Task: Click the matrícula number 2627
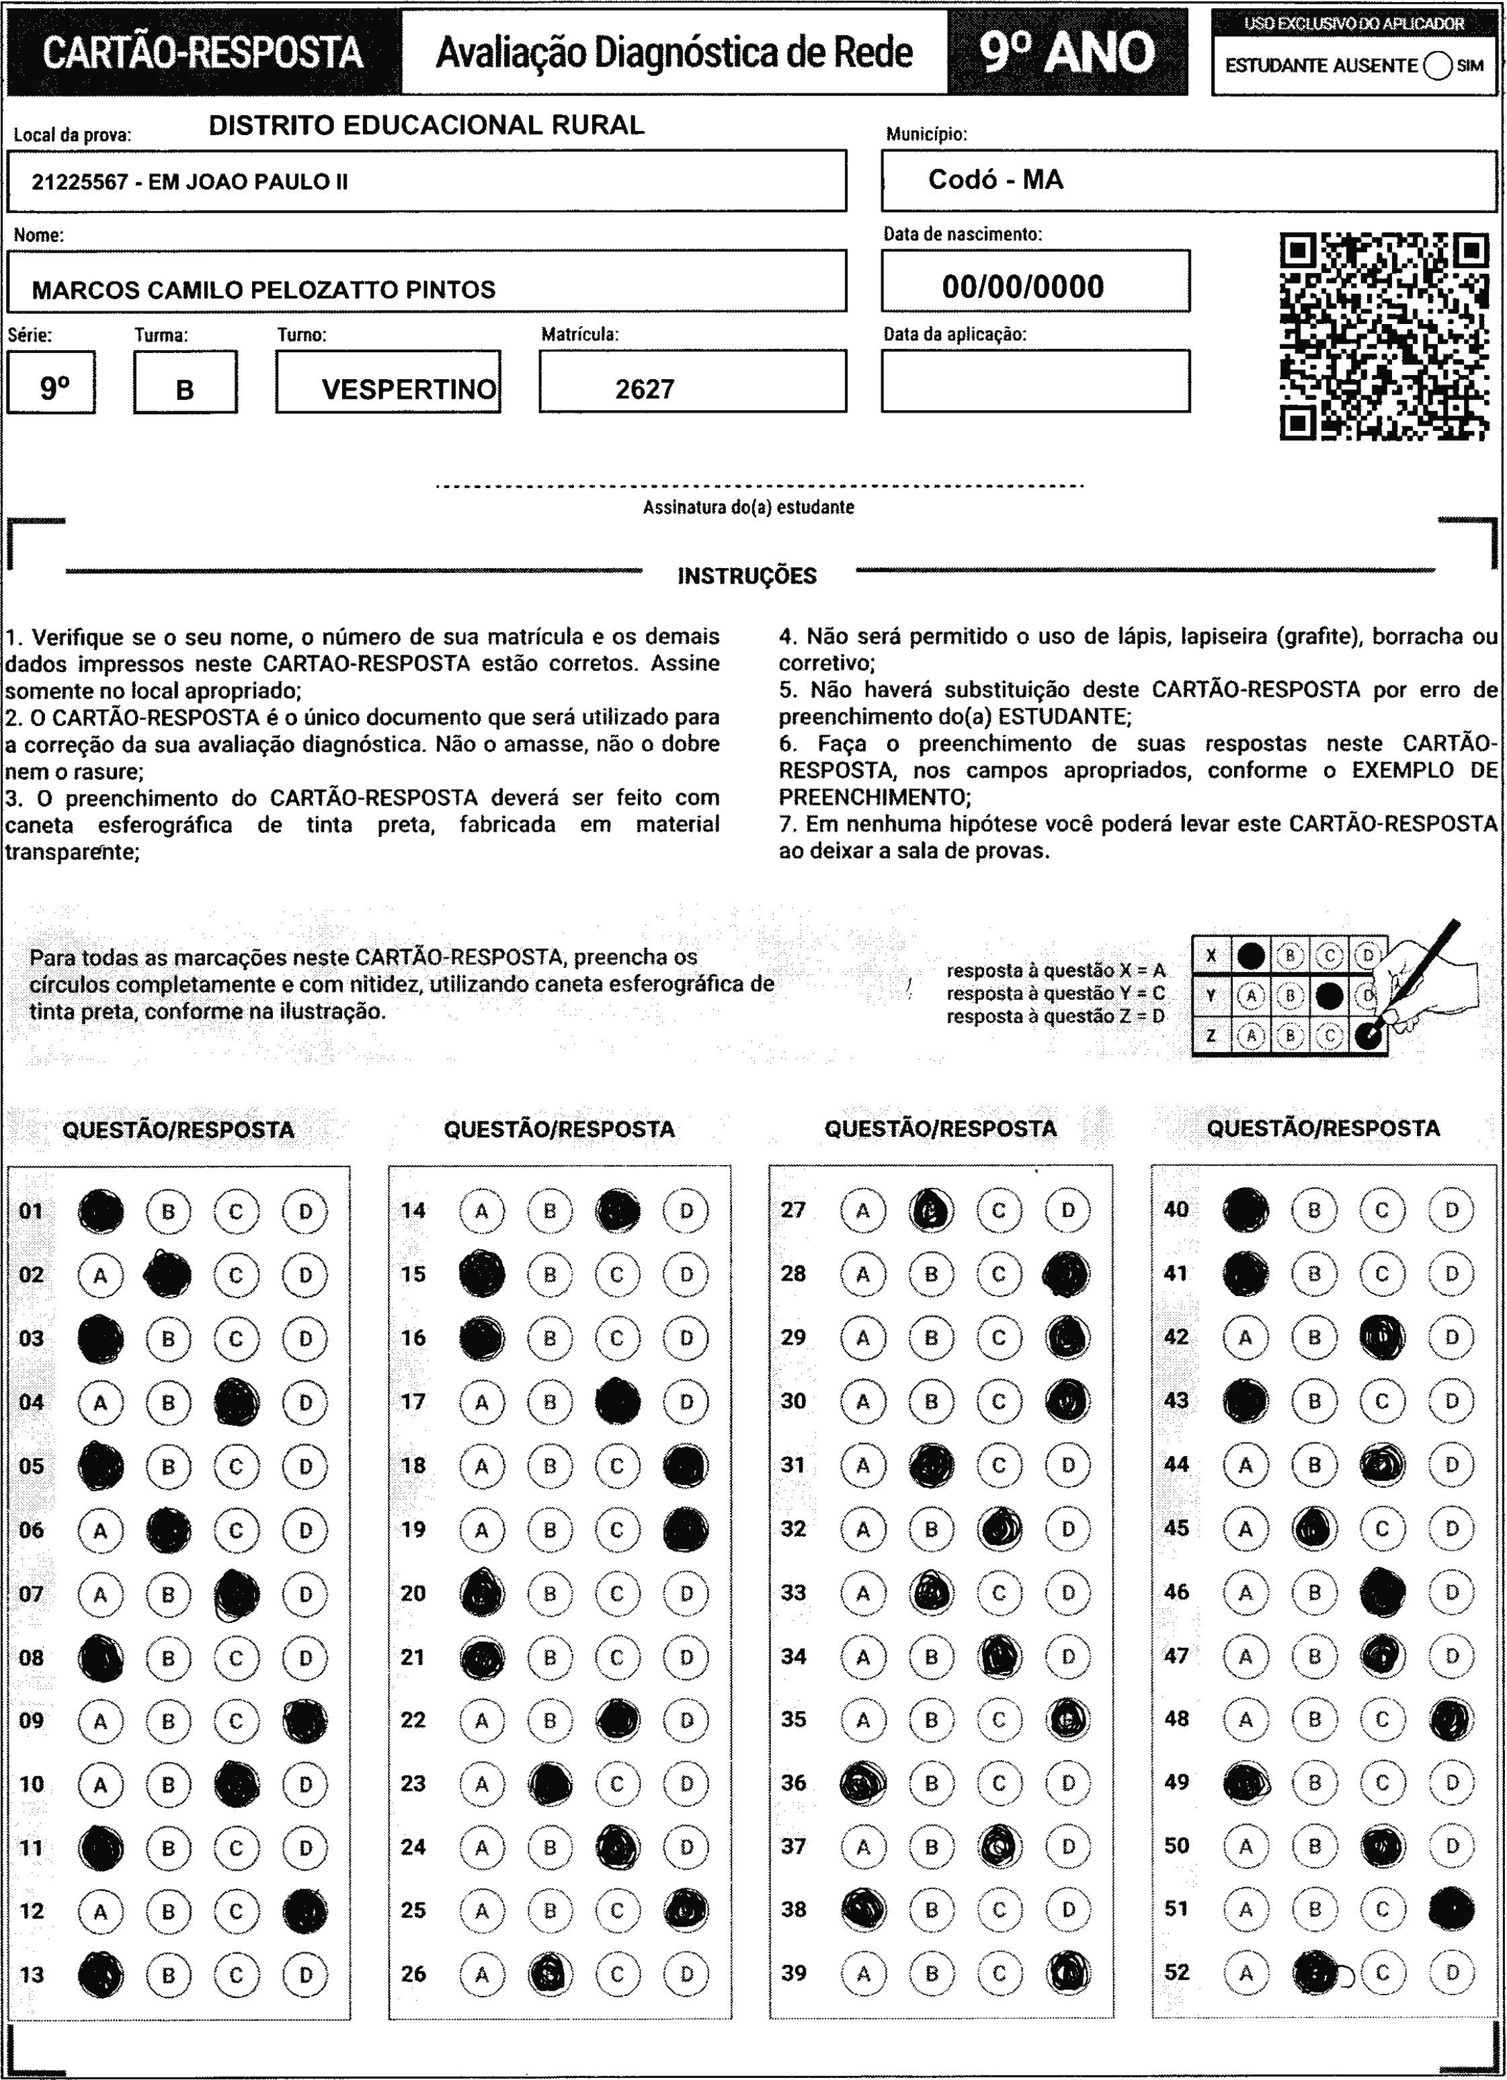(x=645, y=390)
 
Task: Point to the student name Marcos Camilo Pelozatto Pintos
(x=263, y=290)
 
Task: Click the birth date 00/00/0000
(x=1023, y=287)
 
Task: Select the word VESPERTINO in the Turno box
(x=409, y=390)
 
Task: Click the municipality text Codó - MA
(x=995, y=179)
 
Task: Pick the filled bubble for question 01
(x=101, y=1211)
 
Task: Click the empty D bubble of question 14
(x=686, y=1211)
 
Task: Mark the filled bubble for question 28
(x=1067, y=1274)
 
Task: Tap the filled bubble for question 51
(x=1451, y=1909)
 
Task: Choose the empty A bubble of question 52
(x=1246, y=1972)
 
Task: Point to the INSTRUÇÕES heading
(x=747, y=576)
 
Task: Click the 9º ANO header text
(x=1067, y=52)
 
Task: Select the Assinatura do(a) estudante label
(x=748, y=507)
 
